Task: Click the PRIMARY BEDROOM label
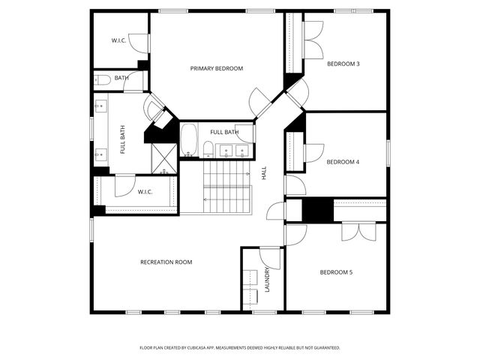tap(216, 68)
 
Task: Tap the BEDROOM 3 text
tap(343, 64)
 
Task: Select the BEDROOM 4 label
tap(343, 161)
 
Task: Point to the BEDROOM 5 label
tap(336, 271)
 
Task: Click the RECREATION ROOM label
tap(166, 262)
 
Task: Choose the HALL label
tap(264, 172)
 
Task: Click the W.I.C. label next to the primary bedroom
tap(118, 40)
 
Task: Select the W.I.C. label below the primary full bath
tap(145, 192)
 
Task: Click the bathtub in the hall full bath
tap(188, 139)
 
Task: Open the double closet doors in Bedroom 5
tap(358, 231)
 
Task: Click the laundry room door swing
tap(270, 256)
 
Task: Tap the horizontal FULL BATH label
tap(224, 132)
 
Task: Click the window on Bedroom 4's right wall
tap(388, 153)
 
